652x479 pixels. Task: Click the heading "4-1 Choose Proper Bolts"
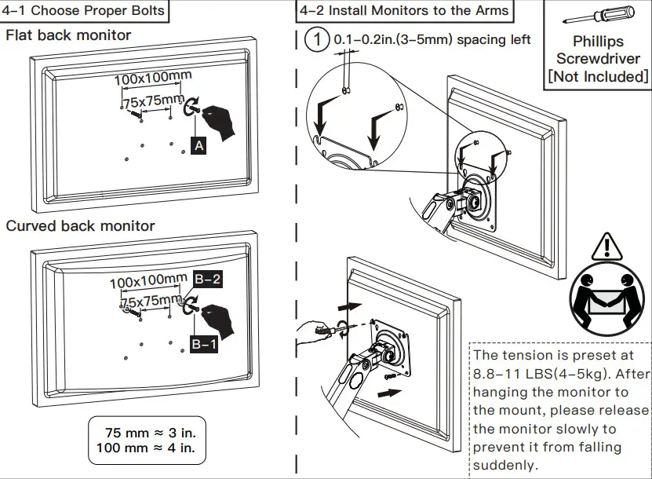[86, 11]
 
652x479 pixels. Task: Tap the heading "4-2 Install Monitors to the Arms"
[403, 11]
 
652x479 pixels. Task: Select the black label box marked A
[199, 145]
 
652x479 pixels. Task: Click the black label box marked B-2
[209, 278]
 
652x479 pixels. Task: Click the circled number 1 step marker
[315, 39]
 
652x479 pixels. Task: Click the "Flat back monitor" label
[69, 35]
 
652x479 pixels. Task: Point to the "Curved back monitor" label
[81, 226]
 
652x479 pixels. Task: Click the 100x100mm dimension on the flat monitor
[153, 79]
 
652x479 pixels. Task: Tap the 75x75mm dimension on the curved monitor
[151, 302]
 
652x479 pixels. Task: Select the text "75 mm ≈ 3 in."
[151, 433]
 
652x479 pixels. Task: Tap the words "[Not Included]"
[598, 76]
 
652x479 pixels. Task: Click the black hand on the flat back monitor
[219, 123]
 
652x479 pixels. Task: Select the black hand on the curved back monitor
[219, 320]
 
